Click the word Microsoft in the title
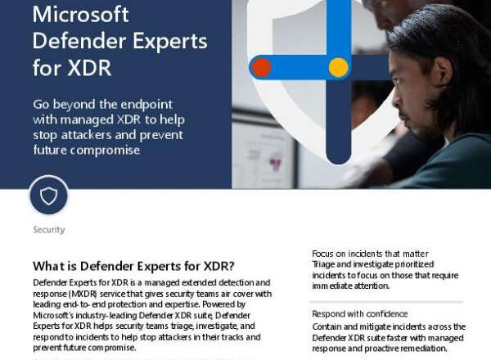pyautogui.click(x=80, y=15)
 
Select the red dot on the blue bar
pyautogui.click(x=262, y=67)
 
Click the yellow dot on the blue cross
pyautogui.click(x=339, y=67)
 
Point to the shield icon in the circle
pyautogui.click(x=49, y=196)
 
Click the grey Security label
pyautogui.click(x=49, y=230)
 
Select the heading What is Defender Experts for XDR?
pyautogui.click(x=133, y=266)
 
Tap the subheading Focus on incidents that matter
pyautogui.click(x=370, y=254)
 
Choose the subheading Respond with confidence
pyautogui.click(x=360, y=313)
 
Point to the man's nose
pyautogui.click(x=396, y=99)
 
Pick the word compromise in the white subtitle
pyautogui.click(x=105, y=151)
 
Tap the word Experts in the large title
pyautogui.click(x=170, y=42)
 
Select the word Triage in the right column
pyautogui.click(x=324, y=264)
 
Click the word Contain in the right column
pyautogui.click(x=327, y=326)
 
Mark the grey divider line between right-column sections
pyautogui.click(x=385, y=302)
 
